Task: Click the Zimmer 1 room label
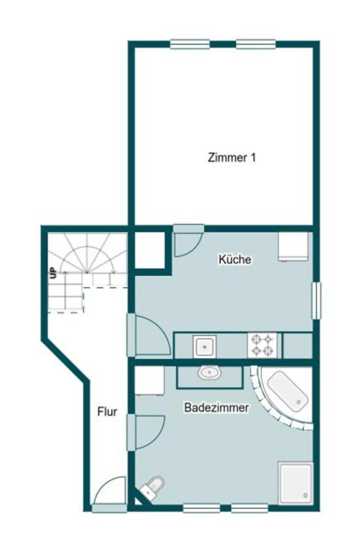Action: [232, 158]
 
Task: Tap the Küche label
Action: [235, 259]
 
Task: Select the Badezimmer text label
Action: [216, 407]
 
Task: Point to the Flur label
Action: [107, 412]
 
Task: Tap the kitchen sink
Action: [204, 347]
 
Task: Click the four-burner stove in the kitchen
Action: [262, 345]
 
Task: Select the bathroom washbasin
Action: [210, 372]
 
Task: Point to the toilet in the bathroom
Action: [152, 486]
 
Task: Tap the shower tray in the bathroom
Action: [296, 483]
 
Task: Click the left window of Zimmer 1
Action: [190, 44]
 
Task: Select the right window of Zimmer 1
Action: [256, 44]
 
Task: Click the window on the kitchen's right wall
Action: [316, 301]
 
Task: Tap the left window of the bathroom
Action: [201, 508]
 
